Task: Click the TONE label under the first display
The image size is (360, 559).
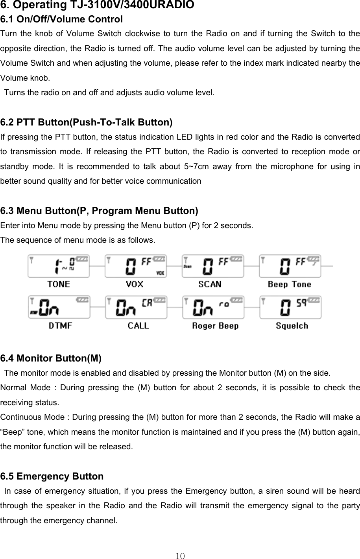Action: (x=59, y=284)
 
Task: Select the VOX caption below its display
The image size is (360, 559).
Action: (x=135, y=284)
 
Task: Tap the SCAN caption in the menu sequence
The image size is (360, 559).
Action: (x=210, y=284)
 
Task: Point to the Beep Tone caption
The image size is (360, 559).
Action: (x=290, y=284)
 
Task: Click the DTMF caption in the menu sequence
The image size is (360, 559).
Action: (x=60, y=326)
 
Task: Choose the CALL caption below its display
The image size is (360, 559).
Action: (x=138, y=326)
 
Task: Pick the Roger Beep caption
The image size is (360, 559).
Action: (x=215, y=326)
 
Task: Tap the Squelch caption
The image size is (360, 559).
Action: (x=292, y=326)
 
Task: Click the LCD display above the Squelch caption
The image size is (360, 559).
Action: (x=290, y=307)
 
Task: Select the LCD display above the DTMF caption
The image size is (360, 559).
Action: (x=59, y=307)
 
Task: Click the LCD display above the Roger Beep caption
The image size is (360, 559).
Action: (x=213, y=307)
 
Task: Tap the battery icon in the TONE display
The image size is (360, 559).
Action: (x=83, y=259)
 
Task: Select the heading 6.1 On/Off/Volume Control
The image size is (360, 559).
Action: (x=62, y=19)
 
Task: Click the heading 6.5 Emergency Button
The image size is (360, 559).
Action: (x=52, y=476)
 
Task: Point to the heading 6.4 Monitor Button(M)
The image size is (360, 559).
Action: (x=51, y=358)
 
